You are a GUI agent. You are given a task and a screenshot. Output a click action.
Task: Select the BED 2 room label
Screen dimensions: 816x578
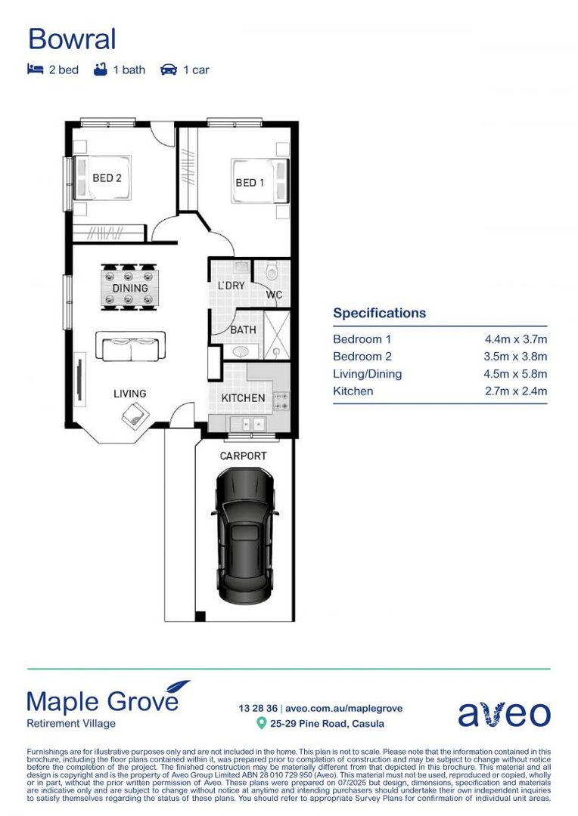107,178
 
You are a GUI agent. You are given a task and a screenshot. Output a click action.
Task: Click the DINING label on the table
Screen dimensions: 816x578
130,289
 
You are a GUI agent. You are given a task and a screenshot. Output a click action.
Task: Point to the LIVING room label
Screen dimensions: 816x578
130,394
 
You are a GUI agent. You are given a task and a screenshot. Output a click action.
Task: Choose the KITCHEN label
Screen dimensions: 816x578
243,398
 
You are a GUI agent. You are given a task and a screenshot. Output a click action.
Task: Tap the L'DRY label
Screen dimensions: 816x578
231,286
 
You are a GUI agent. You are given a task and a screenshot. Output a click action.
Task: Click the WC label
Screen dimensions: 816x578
273,295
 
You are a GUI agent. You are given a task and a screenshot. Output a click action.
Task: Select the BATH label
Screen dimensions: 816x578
243,330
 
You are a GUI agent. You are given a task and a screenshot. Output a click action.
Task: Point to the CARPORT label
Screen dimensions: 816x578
243,456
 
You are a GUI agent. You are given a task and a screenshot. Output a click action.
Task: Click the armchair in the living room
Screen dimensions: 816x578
135,413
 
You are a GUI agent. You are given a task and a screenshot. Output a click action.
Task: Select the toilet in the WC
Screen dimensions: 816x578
272,271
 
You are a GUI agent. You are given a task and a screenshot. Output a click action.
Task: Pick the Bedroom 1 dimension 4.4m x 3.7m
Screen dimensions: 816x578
516,339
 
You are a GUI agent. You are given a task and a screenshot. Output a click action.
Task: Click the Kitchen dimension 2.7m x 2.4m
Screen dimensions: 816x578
516,391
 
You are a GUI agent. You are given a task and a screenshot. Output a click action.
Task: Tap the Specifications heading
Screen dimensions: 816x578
379,313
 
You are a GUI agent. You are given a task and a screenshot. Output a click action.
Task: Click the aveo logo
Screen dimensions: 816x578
504,713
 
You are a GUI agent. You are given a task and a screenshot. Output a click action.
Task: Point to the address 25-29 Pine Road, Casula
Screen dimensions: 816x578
328,724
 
